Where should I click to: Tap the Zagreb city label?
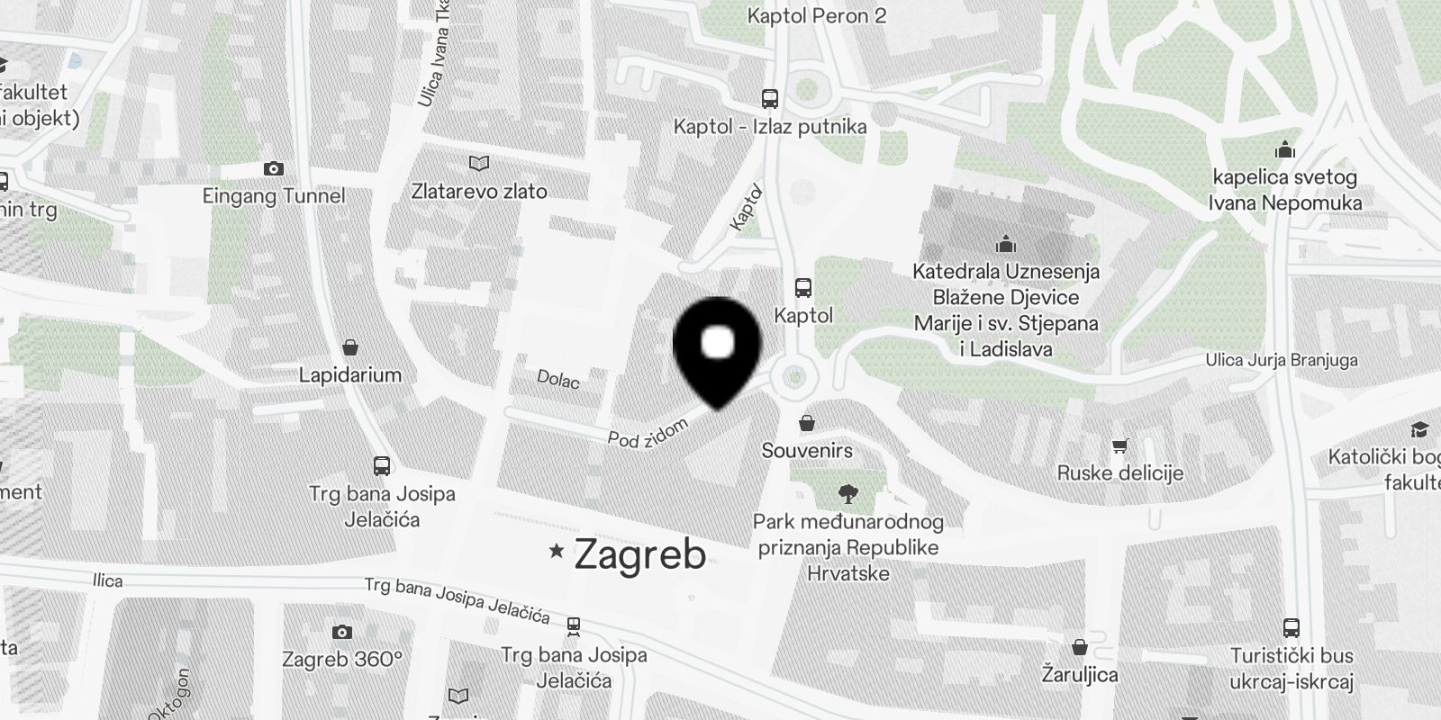(639, 553)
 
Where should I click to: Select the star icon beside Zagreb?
(557, 550)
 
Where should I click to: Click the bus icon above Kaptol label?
(803, 288)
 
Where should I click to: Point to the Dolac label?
(558, 380)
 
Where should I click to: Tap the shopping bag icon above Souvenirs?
(808, 423)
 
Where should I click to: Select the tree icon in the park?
(847, 493)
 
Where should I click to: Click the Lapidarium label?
(350, 374)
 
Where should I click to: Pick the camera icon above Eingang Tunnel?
(274, 169)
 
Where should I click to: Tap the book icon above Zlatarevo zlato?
(479, 164)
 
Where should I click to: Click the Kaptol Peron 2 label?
(817, 15)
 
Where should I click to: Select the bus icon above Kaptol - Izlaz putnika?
(770, 99)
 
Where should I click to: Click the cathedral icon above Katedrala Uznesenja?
(1006, 244)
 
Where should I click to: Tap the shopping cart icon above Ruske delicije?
(1120, 445)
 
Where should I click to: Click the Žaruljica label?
(1080, 674)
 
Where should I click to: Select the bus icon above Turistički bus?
(1291, 628)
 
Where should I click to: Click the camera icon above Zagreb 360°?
(342, 632)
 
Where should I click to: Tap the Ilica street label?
(107, 580)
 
